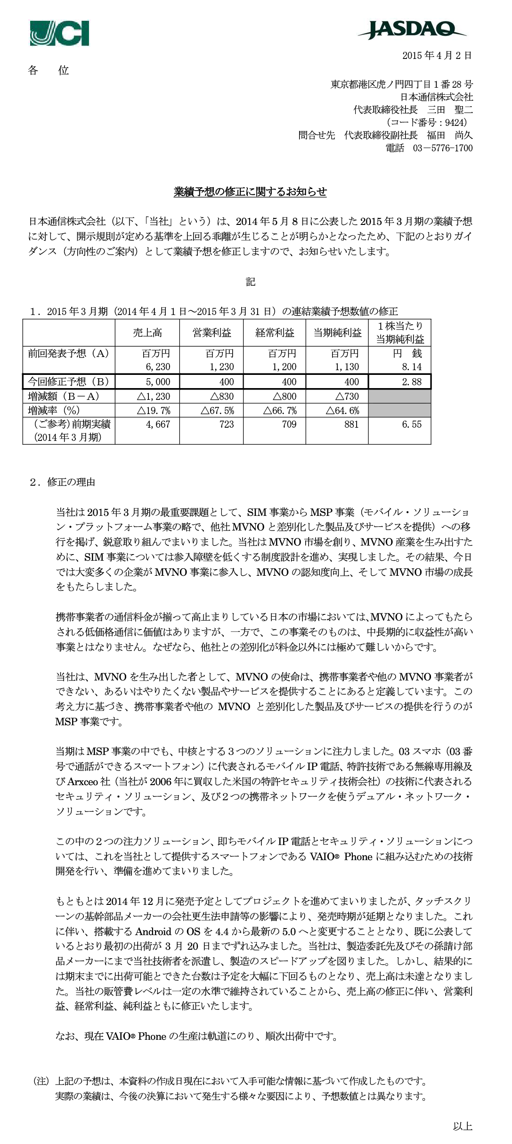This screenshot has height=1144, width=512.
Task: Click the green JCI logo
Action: click(x=59, y=33)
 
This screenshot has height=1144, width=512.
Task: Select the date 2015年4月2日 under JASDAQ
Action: click(x=437, y=56)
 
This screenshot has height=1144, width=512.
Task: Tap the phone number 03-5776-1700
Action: click(x=442, y=148)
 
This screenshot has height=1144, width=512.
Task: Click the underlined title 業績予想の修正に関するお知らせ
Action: click(x=250, y=192)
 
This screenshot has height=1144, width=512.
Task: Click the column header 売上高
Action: click(x=147, y=332)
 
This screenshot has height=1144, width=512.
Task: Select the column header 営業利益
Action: click(x=211, y=332)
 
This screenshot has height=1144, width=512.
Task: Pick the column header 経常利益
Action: click(x=275, y=332)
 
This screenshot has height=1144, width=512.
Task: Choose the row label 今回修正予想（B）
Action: click(x=69, y=381)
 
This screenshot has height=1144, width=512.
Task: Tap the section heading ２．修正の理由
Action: click(x=62, y=482)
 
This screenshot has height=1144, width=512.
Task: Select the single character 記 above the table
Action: click(x=251, y=282)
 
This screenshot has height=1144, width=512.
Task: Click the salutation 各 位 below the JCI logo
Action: click(x=49, y=71)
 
